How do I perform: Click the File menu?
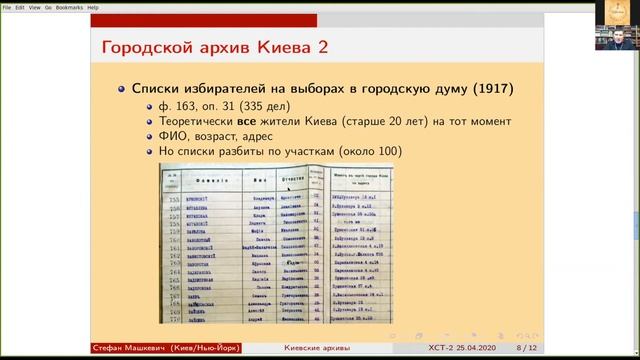6,6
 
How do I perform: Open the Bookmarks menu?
69,6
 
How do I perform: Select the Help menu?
93,6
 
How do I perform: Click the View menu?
34,6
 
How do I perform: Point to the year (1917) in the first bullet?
492,90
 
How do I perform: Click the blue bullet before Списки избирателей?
121,90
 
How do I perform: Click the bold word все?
235,122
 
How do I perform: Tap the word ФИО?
174,137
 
